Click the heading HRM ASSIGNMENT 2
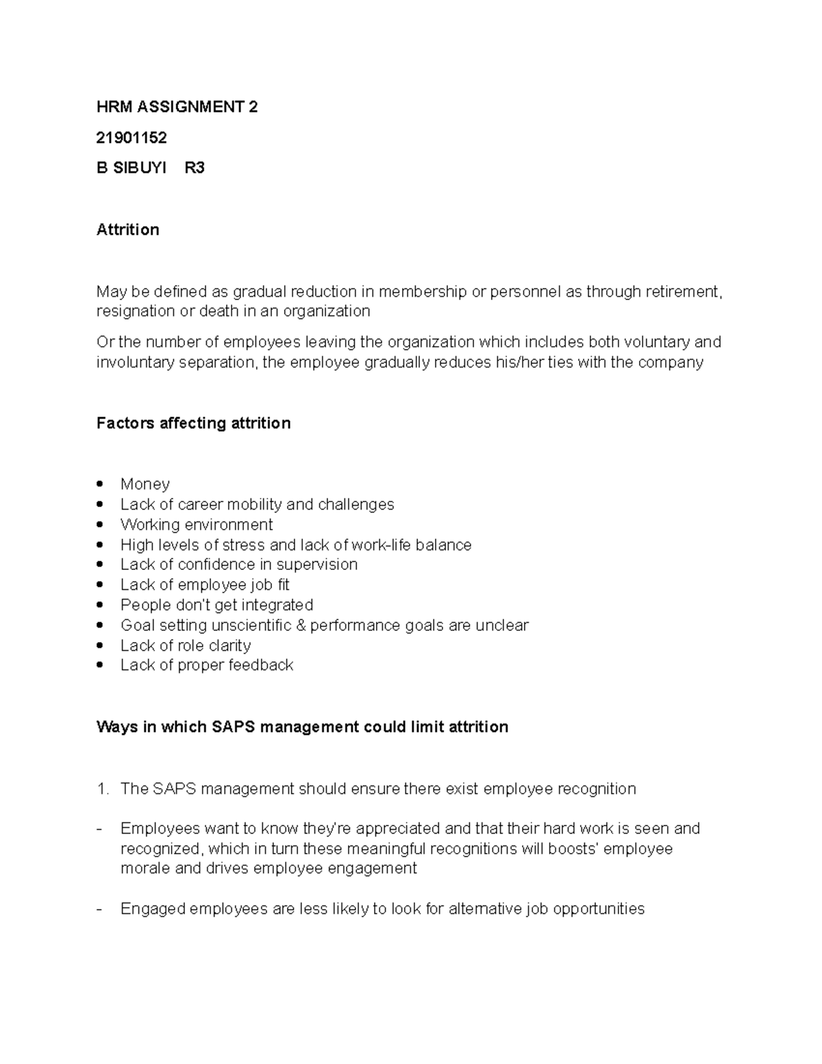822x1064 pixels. click(177, 107)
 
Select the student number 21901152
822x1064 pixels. click(132, 138)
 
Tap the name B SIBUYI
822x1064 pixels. click(132, 168)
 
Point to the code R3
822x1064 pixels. click(195, 168)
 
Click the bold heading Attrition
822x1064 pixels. click(127, 230)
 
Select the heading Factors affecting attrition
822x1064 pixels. click(193, 423)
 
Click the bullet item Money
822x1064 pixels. click(145, 484)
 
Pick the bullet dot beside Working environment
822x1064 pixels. click(101, 525)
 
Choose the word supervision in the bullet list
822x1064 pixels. click(316, 565)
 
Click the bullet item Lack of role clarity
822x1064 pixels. click(185, 645)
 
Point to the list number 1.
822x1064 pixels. click(102, 789)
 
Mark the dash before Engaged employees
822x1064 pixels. click(100, 909)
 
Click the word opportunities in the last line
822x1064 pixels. click(598, 909)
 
